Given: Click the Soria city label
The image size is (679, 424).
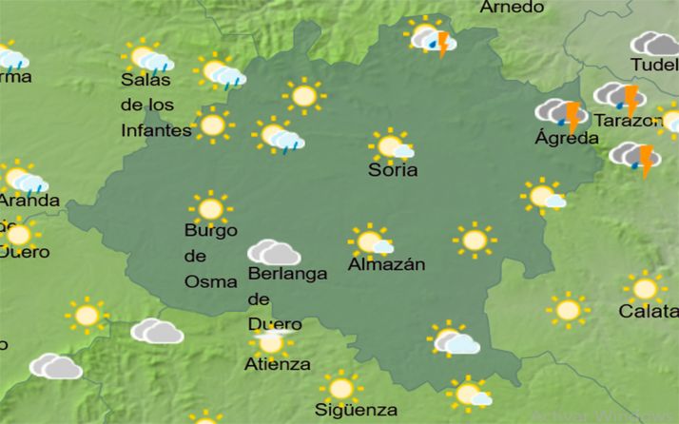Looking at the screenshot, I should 393,171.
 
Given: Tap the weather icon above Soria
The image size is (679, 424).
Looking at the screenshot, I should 391,145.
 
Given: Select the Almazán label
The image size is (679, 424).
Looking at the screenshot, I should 386,264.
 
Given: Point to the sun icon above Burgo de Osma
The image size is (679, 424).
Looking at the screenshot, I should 210,208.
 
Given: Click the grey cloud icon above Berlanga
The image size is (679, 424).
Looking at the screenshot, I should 274,253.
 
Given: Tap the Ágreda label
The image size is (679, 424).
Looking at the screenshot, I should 567,138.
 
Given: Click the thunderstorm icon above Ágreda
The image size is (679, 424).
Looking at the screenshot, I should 561,114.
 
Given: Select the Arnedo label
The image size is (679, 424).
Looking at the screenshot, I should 512,8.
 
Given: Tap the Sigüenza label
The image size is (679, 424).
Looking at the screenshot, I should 357,410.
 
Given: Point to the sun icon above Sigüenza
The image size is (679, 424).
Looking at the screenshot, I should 340,388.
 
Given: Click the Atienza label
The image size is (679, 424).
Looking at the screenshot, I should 277,364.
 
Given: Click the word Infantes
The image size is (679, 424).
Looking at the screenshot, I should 156,129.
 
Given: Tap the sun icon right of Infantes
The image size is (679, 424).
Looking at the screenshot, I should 213,125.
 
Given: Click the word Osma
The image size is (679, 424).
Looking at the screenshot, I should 204,281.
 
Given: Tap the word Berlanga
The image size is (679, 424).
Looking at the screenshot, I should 286,274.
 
